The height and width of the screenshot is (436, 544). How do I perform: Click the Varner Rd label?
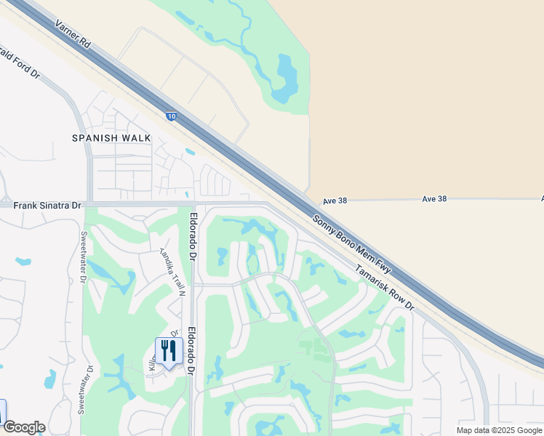pyautogui.click(x=73, y=33)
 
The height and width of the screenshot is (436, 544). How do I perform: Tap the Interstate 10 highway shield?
pyautogui.click(x=170, y=116)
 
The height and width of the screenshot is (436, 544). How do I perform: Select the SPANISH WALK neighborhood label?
pyautogui.click(x=111, y=137)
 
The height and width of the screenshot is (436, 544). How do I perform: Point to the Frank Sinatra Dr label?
pyautogui.click(x=47, y=206)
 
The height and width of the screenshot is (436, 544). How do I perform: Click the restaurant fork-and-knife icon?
pyautogui.click(x=169, y=351)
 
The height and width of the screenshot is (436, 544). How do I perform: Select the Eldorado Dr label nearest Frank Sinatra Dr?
pyautogui.click(x=193, y=236)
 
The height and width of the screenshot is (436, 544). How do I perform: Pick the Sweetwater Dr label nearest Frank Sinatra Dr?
pyautogui.click(x=84, y=257)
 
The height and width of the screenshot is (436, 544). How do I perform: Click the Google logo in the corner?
pyautogui.click(x=23, y=427)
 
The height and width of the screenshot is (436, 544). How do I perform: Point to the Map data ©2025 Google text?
pyautogui.click(x=498, y=430)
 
